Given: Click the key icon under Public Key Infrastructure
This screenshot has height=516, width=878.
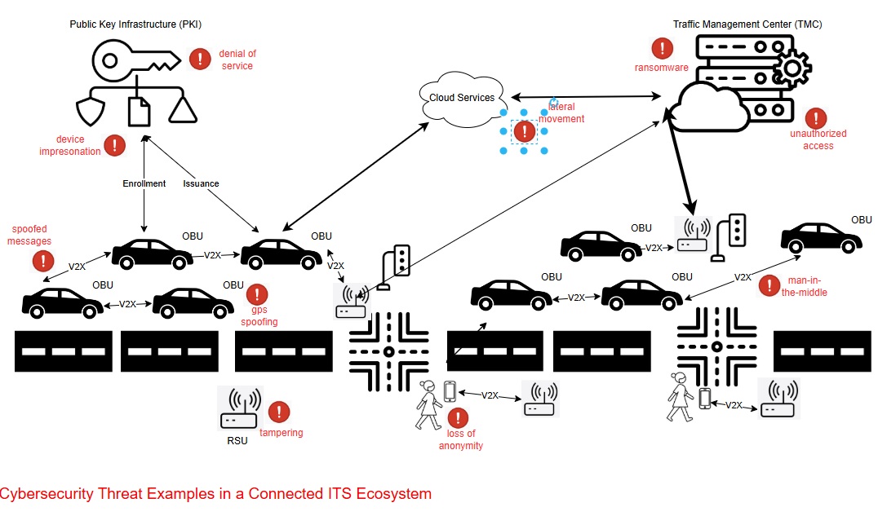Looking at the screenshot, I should click(x=135, y=58).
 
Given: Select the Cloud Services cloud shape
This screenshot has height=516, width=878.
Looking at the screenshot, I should click(x=462, y=99).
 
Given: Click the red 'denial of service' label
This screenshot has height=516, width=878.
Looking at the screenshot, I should click(x=237, y=60).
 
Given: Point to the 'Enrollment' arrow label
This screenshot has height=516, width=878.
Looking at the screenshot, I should click(x=144, y=183).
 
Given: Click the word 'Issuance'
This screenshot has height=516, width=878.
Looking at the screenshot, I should click(x=201, y=183).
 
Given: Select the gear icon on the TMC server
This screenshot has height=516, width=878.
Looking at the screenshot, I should click(x=791, y=68).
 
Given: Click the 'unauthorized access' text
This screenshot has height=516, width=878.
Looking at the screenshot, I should click(x=818, y=139).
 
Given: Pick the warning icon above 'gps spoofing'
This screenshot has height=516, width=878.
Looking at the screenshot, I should click(x=258, y=294).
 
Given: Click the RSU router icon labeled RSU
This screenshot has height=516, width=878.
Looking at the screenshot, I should click(x=240, y=408).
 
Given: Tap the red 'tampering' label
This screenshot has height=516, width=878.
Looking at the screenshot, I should click(x=282, y=433).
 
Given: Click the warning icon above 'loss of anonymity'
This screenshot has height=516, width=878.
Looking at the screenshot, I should click(x=459, y=418).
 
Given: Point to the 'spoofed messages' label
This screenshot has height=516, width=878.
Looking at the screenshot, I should click(x=31, y=236).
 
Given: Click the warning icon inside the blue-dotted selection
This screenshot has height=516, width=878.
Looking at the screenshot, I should click(x=523, y=131).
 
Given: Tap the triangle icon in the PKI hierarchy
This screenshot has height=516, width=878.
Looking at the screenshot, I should click(x=183, y=110).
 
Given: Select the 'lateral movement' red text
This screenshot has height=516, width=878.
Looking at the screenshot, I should click(x=561, y=113).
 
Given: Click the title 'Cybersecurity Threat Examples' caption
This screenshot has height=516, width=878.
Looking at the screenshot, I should click(x=215, y=494).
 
